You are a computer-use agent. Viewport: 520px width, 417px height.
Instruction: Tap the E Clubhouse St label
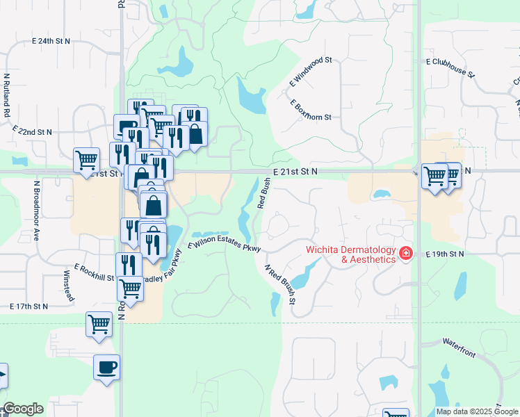coord(450,67)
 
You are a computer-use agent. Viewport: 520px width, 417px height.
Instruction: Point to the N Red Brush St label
coord(280,284)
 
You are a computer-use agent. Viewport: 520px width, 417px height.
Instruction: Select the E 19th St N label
coord(444,254)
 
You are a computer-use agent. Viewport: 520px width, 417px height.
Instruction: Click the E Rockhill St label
coord(93,273)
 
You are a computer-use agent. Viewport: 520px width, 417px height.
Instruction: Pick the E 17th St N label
coord(29,306)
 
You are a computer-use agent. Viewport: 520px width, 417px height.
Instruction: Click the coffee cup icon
coord(106,368)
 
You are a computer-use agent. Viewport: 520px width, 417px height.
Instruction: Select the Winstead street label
coord(69,285)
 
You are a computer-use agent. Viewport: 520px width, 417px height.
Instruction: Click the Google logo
coord(23,409)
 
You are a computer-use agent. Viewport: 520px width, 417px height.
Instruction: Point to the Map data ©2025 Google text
coord(475,411)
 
